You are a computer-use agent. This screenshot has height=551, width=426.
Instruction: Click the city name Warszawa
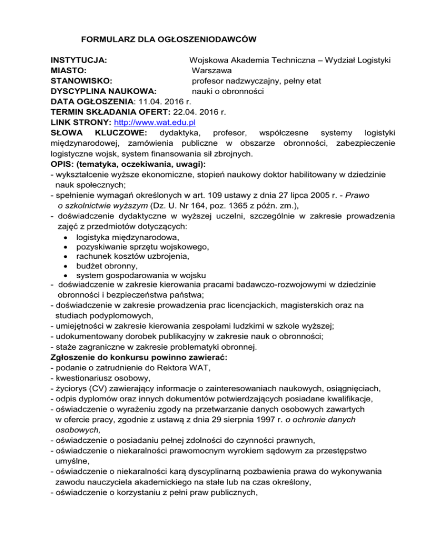click(x=212, y=70)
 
